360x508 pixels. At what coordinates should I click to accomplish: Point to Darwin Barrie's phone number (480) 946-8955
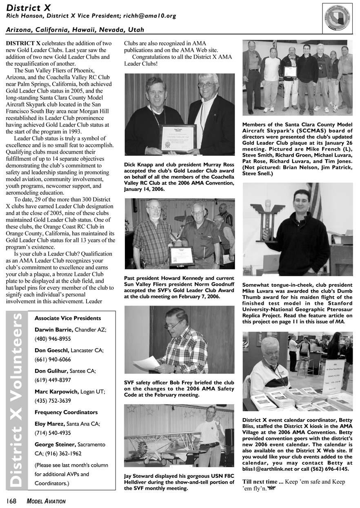click(x=53, y=339)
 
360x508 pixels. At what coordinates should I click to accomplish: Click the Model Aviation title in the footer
click(x=46, y=501)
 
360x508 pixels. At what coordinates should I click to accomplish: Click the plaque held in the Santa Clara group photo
click(x=290, y=71)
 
